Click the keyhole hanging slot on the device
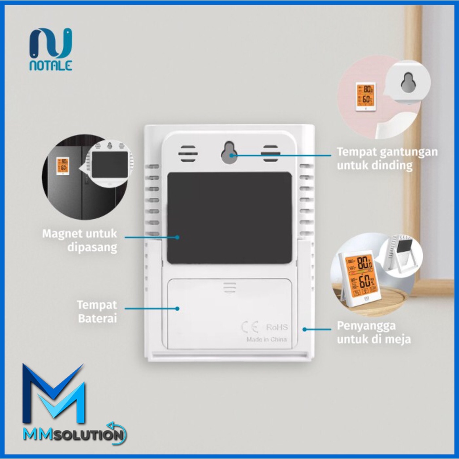(x=229, y=153)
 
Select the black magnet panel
(x=229, y=218)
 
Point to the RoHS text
(x=277, y=327)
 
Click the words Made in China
(x=266, y=339)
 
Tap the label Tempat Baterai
(x=97, y=312)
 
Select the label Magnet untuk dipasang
(x=79, y=240)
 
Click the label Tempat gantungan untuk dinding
(x=387, y=158)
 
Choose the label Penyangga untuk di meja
(x=373, y=332)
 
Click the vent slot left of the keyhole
(x=188, y=154)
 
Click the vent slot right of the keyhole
(x=271, y=153)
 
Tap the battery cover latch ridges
(x=229, y=287)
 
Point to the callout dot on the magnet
(x=178, y=237)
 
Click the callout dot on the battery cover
(x=178, y=308)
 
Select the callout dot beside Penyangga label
(x=304, y=329)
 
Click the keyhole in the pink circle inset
(x=407, y=82)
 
